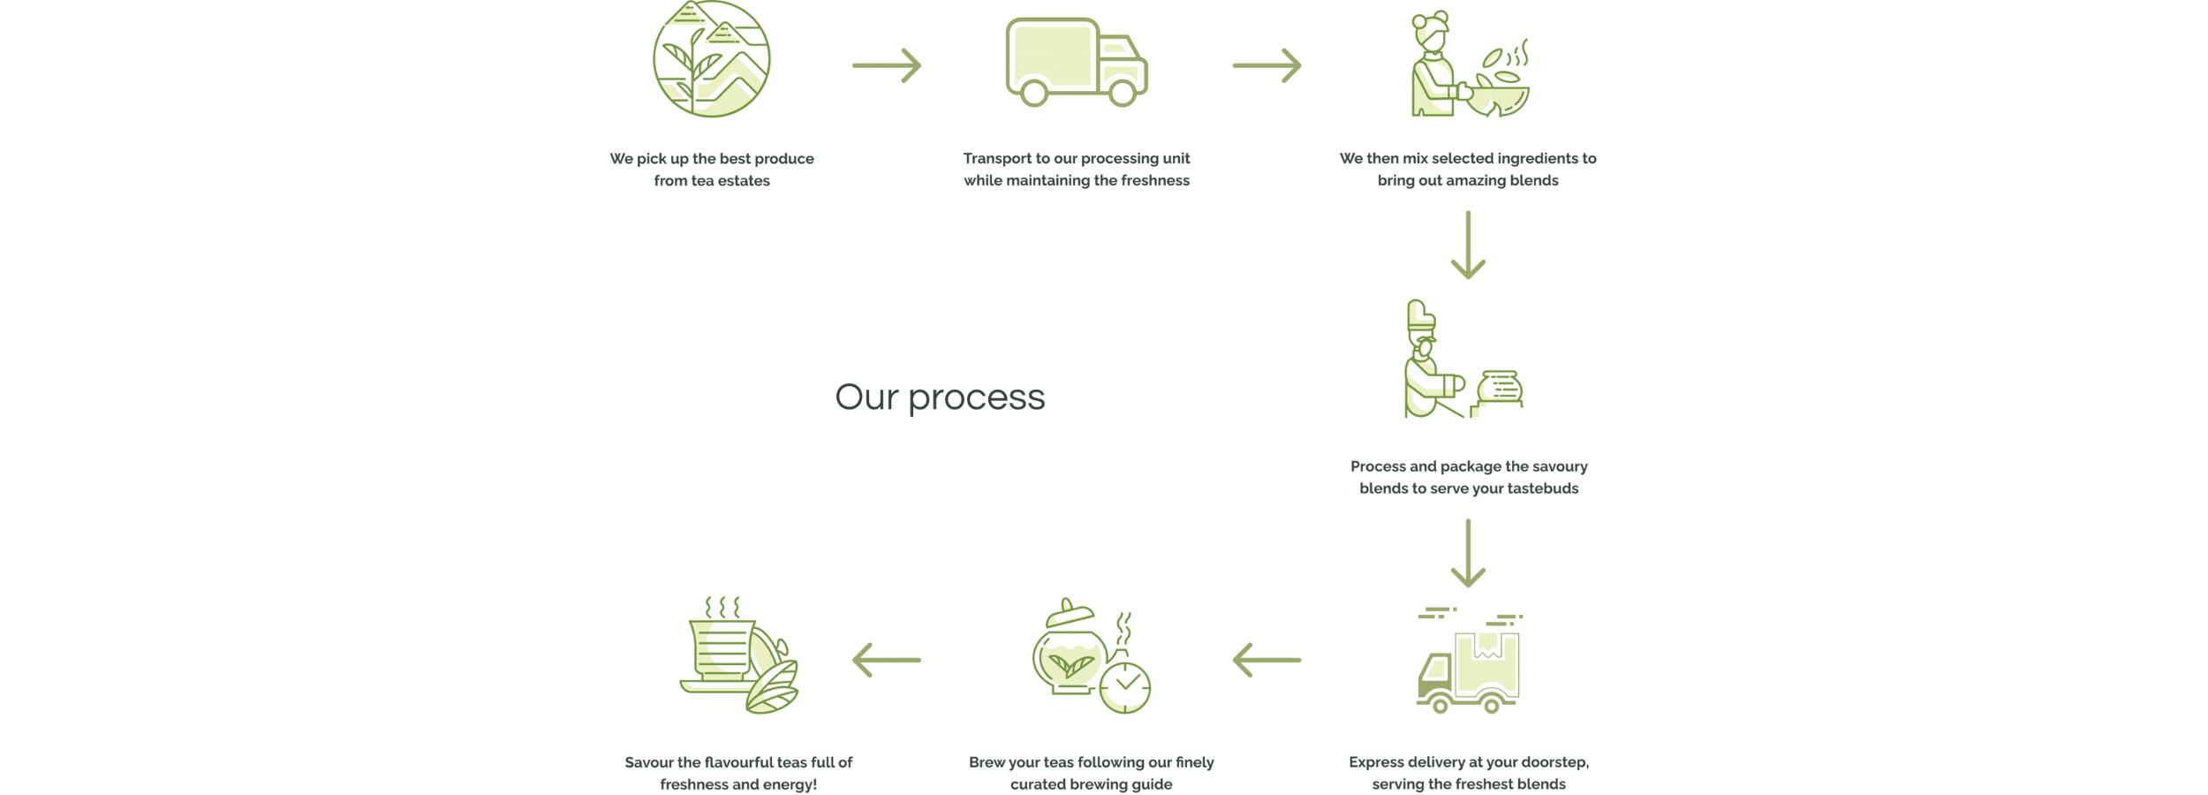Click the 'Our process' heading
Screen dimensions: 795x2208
[x=940, y=397]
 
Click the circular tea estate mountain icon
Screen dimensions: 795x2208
[x=711, y=59]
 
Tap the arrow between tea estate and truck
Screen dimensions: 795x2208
[x=887, y=65]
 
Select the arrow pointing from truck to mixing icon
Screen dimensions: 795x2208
[x=1267, y=65]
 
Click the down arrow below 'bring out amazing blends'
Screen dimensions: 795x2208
[x=1468, y=246]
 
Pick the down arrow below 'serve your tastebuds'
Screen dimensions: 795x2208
[x=1468, y=554]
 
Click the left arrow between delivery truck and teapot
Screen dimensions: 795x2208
[x=1267, y=660]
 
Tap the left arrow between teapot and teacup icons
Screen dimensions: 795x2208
[x=887, y=660]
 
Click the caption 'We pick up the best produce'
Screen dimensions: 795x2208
[x=712, y=159]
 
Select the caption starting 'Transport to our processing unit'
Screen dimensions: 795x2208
[x=1077, y=159]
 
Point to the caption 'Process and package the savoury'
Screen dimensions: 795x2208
[x=1469, y=466]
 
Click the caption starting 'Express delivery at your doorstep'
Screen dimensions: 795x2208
[x=1469, y=762]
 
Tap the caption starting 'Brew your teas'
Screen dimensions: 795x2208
[x=1092, y=762]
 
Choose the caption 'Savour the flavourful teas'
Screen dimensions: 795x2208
[x=738, y=762]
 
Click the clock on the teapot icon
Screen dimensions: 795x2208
[x=1126, y=687]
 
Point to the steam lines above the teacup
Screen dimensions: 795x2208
[x=722, y=608]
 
